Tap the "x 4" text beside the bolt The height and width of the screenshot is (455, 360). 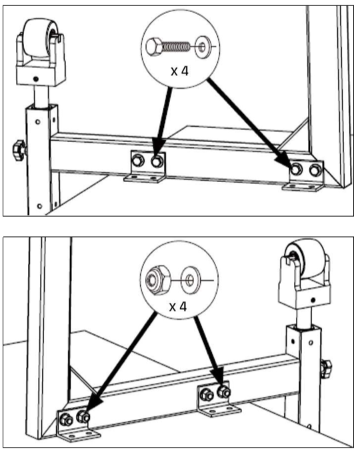click(x=180, y=71)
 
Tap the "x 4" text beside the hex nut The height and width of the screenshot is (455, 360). click(x=178, y=306)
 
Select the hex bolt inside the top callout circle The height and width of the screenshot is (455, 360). click(x=167, y=47)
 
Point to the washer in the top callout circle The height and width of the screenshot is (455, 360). click(x=203, y=47)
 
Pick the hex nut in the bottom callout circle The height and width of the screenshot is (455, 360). click(x=158, y=280)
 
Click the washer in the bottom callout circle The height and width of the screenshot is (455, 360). click(x=190, y=280)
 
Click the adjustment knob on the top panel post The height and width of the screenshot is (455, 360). click(x=19, y=150)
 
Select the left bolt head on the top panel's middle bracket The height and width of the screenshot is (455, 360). click(x=138, y=161)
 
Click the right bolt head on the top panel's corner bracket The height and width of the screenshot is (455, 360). click(x=315, y=170)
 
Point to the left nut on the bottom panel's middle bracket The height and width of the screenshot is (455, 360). click(x=207, y=395)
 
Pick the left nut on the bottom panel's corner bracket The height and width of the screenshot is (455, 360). click(x=66, y=420)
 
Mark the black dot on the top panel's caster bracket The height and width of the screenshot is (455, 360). click(x=35, y=79)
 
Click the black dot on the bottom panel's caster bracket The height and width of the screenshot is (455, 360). click(x=313, y=300)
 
